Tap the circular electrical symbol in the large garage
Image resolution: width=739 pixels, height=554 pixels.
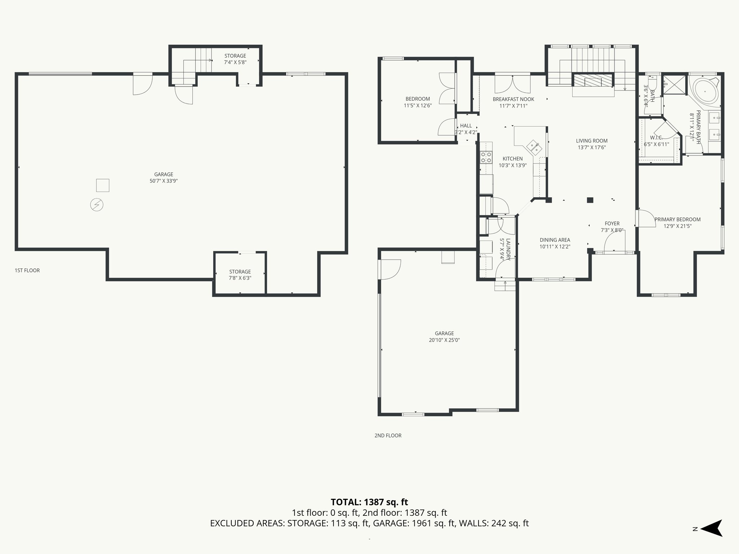97,205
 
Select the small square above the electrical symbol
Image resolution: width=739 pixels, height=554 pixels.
102,185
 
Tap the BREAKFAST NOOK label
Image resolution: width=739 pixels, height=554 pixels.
513,99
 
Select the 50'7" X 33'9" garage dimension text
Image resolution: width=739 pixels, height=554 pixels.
164,181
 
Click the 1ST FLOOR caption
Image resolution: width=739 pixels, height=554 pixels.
27,270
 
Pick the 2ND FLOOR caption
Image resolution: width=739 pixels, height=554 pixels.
388,435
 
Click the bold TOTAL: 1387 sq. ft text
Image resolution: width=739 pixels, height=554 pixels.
369,502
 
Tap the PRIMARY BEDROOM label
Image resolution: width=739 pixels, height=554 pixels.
677,219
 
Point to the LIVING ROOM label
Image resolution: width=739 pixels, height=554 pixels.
591,141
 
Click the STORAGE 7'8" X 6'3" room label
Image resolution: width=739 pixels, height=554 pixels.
240,275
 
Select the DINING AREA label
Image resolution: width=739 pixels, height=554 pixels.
555,240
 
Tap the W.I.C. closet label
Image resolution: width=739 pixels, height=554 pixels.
656,138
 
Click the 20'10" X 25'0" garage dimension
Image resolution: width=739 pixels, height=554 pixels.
444,340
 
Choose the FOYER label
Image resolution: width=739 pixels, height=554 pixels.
612,224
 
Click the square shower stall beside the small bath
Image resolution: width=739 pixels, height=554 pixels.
674,85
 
